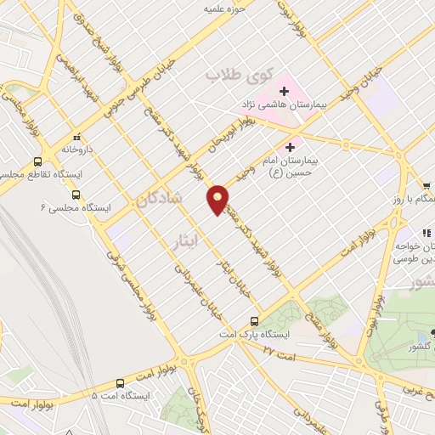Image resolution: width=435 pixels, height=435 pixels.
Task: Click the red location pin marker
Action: click(x=217, y=200)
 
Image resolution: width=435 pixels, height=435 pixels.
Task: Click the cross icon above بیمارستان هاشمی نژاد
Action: click(x=283, y=90)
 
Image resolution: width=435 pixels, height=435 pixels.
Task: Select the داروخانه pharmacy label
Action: click(x=76, y=148)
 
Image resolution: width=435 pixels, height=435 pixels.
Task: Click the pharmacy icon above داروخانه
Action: click(x=76, y=136)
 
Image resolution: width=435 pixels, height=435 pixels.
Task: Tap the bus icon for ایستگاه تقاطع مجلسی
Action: click(x=37, y=161)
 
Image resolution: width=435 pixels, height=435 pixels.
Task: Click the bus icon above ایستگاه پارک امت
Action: click(x=254, y=320)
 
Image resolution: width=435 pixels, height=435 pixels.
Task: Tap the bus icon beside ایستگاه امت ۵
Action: click(x=120, y=383)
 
